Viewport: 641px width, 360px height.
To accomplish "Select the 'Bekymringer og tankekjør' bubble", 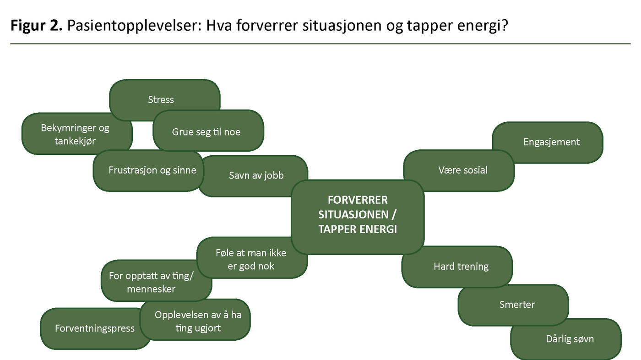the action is (x=75, y=134).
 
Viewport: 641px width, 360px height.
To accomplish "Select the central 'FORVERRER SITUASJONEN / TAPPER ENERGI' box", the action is (x=358, y=217).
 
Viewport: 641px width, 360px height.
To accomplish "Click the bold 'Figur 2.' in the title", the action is (x=36, y=26).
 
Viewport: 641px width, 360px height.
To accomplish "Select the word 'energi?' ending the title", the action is (x=483, y=26).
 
